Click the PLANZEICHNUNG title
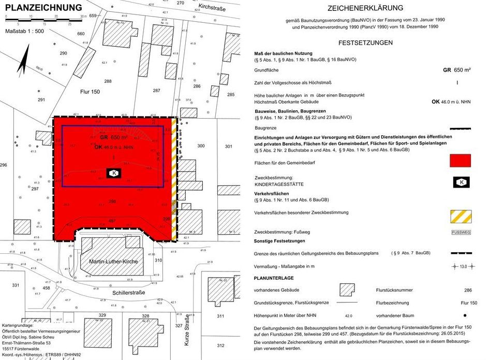[x=43, y=7]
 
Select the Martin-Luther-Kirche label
[x=113, y=262]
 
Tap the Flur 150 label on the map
[x=90, y=92]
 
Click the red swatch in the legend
[x=461, y=160]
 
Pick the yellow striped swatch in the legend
[x=461, y=216]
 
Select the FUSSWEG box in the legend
[x=461, y=233]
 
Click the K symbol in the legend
[x=461, y=181]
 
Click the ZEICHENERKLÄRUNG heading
[x=365, y=8]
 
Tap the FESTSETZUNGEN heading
[x=365, y=42]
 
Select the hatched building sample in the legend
[x=346, y=290]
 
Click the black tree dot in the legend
[x=465, y=315]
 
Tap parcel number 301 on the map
[x=229, y=146]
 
